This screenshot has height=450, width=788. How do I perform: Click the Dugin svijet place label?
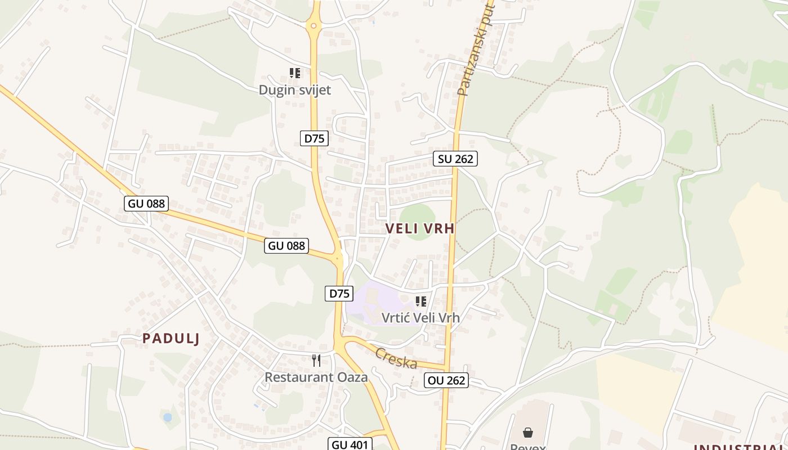(294, 90)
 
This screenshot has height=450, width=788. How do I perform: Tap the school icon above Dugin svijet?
(295, 73)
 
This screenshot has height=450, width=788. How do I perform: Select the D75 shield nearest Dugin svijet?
(314, 138)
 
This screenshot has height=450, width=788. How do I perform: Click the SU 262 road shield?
(455, 159)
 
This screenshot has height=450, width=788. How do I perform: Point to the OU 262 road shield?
(446, 380)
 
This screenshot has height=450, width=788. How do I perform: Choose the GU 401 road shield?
(350, 444)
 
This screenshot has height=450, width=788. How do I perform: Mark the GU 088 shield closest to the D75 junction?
(286, 245)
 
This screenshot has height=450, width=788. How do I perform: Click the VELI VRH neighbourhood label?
(420, 229)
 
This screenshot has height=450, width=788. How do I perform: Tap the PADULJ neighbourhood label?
(171, 338)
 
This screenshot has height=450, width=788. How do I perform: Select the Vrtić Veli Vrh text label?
(420, 318)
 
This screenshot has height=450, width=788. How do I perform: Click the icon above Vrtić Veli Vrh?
(420, 301)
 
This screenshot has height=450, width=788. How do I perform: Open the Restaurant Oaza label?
(316, 377)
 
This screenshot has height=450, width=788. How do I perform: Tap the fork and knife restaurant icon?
(316, 360)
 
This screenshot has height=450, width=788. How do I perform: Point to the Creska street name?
(396, 358)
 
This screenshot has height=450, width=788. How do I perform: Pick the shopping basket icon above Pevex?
(528, 432)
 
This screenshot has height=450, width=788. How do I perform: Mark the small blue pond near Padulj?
(167, 417)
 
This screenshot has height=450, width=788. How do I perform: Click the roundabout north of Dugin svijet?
(314, 25)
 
